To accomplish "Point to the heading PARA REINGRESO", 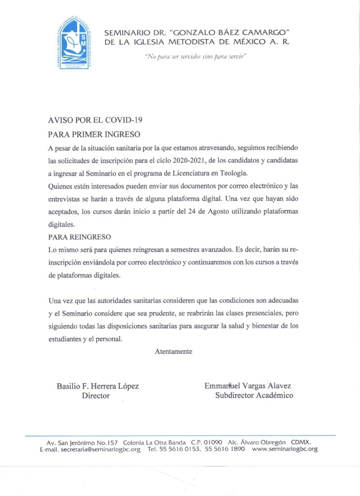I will point(80,237).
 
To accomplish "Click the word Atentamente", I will point(173,351).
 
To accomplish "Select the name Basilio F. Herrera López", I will point(98,386).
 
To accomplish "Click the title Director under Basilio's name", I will point(95,396).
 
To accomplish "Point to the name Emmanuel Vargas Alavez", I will point(248,386).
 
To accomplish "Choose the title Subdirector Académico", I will point(254,396).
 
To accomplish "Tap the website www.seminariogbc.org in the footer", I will point(285,449).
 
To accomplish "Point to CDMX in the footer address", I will point(300,442).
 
